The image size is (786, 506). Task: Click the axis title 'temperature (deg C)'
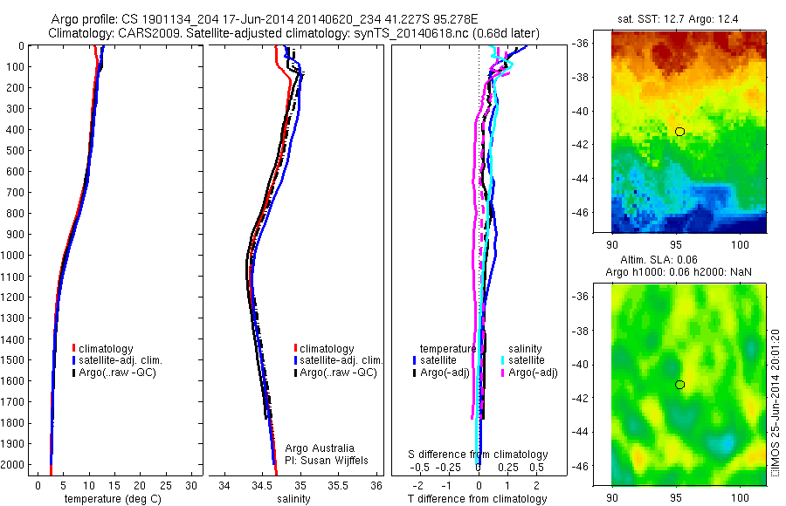pos(112,499)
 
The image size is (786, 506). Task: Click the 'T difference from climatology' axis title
pos(478,499)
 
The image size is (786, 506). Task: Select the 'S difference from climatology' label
pos(479,455)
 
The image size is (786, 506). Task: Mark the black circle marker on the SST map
pos(679,131)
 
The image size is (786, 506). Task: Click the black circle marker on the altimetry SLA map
pos(679,385)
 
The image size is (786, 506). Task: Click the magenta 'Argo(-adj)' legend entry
pos(529,373)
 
